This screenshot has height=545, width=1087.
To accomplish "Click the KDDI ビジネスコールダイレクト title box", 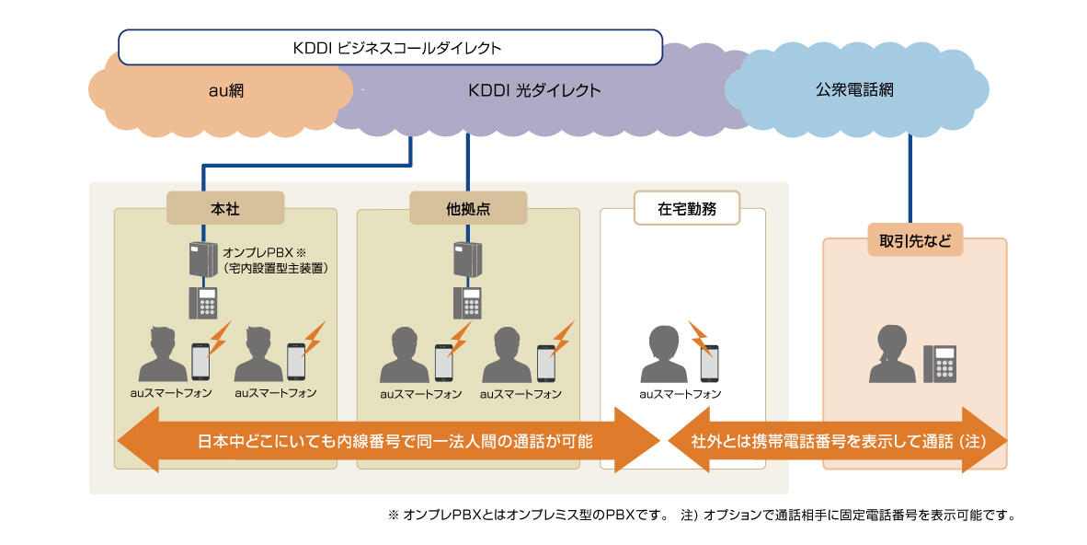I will click(390, 47).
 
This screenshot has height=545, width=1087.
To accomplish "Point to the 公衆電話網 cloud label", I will click(854, 90).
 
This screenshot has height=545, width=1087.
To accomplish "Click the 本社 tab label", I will click(224, 208).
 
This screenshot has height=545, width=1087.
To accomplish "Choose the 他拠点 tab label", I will click(468, 208).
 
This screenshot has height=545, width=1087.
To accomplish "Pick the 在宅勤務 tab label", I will click(686, 208).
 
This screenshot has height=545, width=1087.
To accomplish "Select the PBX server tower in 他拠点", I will click(468, 260).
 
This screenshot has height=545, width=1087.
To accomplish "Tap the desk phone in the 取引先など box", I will click(940, 364).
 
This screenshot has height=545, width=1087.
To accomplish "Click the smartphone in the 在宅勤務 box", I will click(709, 363).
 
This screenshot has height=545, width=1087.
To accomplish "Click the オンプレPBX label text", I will click(276, 259).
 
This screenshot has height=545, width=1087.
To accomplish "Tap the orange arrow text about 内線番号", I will click(395, 440).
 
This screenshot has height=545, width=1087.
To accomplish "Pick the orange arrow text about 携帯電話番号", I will click(838, 440).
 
